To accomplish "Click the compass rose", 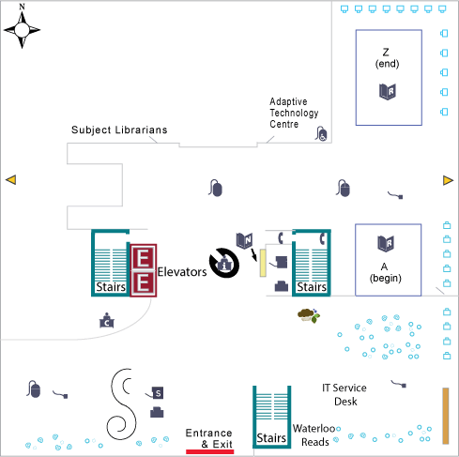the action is [22, 30].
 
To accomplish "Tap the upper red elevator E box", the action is [143, 257].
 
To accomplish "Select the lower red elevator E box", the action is [143, 283].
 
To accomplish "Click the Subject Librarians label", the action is [119, 130].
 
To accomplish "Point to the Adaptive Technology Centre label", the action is [294, 113].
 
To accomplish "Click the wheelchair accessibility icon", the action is [321, 134].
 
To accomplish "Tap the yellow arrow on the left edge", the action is [11, 180].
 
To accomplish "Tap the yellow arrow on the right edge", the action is [448, 180].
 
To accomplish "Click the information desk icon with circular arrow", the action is [224, 264].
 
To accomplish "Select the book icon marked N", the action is [244, 240].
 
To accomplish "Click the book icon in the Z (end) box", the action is [388, 92].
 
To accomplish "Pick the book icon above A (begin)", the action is [386, 244].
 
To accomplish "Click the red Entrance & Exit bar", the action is [210, 451].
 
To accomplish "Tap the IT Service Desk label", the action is [344, 394].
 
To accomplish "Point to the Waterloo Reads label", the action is [314, 435].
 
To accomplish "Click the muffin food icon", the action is [309, 315].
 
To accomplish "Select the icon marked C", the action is [107, 321].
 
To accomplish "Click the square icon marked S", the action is [158, 393].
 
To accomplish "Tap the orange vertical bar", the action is [446, 416].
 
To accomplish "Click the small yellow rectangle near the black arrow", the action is [263, 263].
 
